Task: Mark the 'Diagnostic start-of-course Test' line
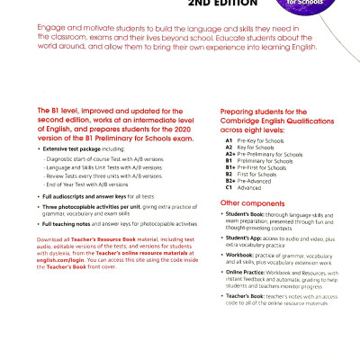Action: (x=97, y=183)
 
